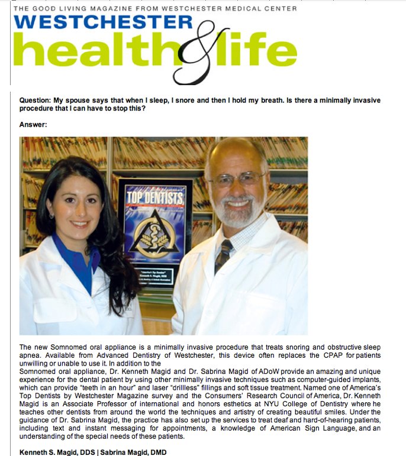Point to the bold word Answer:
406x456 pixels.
(33, 125)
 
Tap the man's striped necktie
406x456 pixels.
(223, 256)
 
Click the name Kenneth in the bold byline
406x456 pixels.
(36, 452)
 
